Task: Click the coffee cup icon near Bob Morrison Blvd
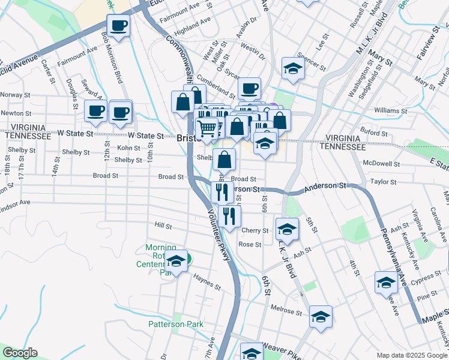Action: tap(118, 26)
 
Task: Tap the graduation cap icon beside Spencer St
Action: tap(292, 68)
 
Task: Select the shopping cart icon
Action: tap(207, 127)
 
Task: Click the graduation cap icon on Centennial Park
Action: tap(176, 262)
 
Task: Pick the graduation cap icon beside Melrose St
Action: tap(321, 316)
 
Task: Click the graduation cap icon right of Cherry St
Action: tap(288, 229)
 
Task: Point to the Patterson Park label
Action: tap(176, 324)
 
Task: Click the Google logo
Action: tap(20, 353)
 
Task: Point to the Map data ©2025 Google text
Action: tap(411, 355)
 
